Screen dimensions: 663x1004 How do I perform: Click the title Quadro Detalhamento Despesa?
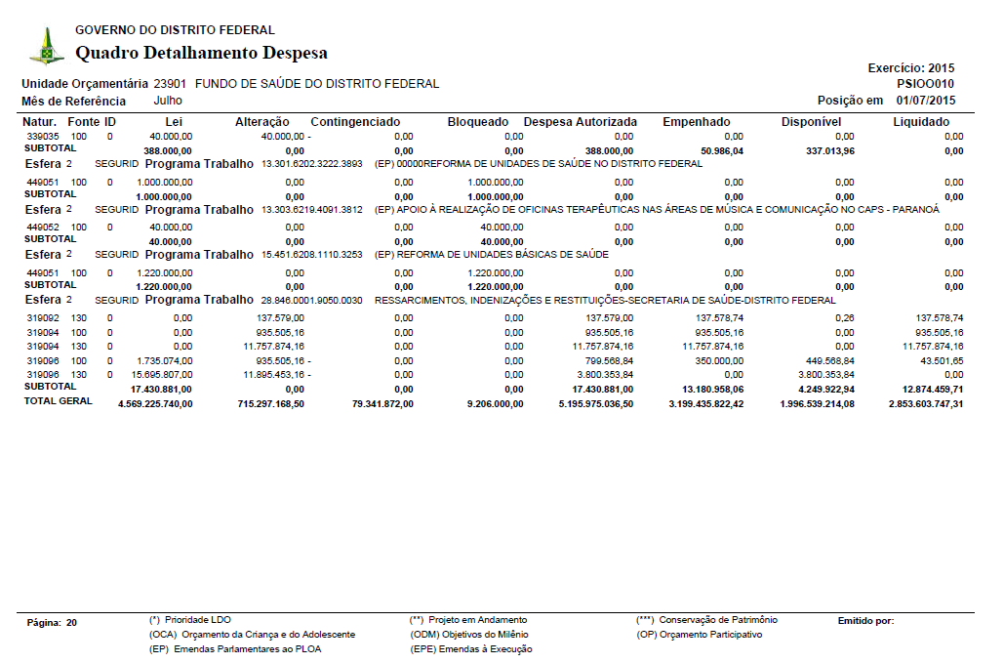tap(201, 53)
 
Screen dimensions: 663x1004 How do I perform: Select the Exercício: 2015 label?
tap(910, 68)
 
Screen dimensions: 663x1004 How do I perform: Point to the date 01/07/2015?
tap(926, 101)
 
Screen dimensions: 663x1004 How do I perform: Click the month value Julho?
tap(168, 101)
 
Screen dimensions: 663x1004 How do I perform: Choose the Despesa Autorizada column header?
tap(581, 122)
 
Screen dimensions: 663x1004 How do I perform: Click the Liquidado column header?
tap(921, 122)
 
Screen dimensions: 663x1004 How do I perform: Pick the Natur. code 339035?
tap(43, 136)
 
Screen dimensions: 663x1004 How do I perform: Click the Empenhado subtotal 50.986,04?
tap(722, 151)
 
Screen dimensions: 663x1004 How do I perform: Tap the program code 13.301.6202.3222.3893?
tap(312, 164)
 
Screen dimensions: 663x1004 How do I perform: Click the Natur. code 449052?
tap(43, 227)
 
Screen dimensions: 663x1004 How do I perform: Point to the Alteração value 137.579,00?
tap(280, 318)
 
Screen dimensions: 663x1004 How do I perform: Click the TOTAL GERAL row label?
tap(59, 401)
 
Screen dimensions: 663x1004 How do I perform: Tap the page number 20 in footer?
tap(72, 622)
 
